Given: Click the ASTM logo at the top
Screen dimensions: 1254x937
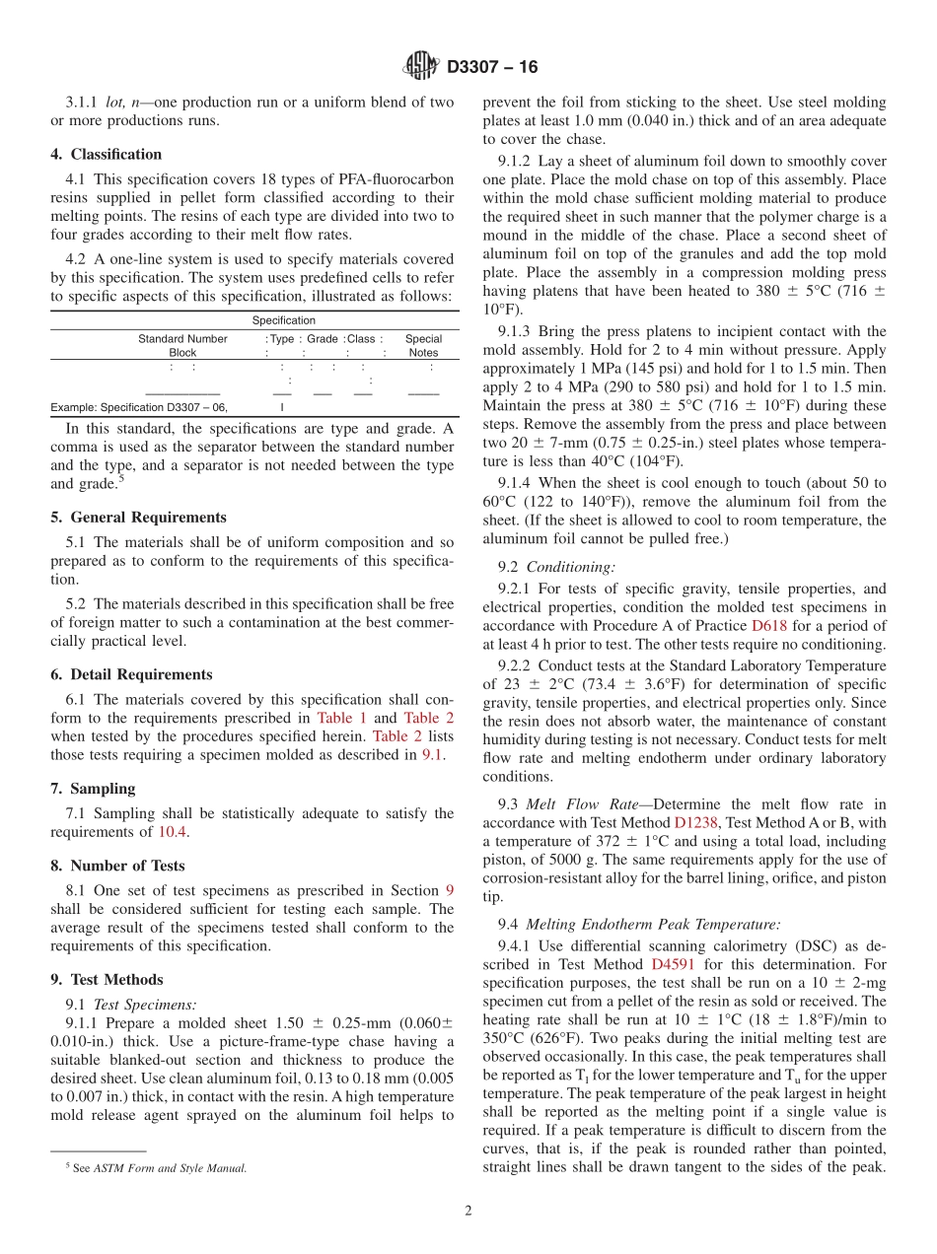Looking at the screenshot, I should click(421, 66).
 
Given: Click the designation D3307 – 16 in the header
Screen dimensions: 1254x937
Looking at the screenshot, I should click(492, 67).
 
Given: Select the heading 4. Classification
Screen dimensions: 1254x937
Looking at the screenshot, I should click(107, 155).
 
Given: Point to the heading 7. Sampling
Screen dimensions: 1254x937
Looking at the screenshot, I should click(93, 789).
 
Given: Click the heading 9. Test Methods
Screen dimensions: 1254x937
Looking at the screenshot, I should click(107, 980).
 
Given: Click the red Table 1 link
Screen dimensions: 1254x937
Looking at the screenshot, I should click(341, 719).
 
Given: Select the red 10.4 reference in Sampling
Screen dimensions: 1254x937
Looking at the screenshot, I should click(170, 833).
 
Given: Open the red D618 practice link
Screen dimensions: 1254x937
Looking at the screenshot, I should click(769, 626).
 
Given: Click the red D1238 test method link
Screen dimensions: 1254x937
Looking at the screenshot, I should click(695, 822).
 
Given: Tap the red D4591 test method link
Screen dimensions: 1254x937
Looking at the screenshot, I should click(672, 964).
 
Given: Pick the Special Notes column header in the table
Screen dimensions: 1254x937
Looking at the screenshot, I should click(423, 345).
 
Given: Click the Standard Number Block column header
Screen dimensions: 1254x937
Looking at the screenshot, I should click(182, 345).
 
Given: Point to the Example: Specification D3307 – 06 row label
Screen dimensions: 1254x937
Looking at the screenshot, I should click(139, 406).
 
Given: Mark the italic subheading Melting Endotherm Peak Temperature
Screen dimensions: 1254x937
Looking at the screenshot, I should click(653, 925).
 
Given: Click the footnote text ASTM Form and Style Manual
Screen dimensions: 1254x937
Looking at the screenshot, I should click(170, 1168).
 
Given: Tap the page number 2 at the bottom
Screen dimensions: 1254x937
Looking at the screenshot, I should click(468, 1212).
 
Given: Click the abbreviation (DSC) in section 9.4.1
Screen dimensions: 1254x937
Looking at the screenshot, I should click(792, 944).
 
